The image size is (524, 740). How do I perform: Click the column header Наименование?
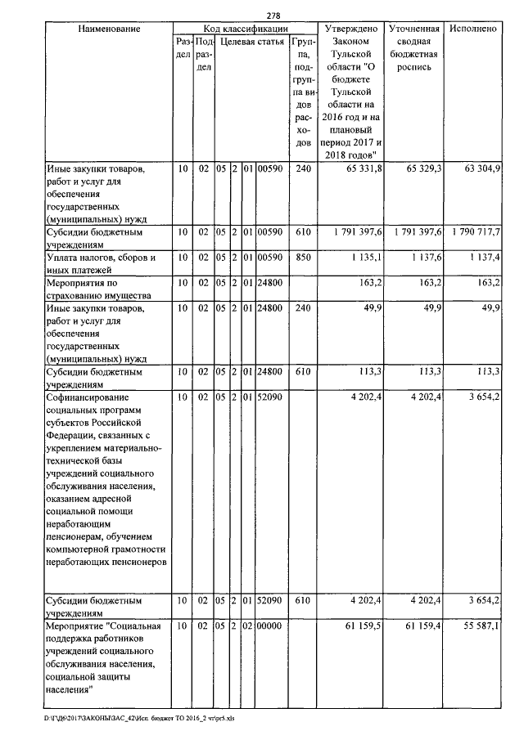pos(109,29)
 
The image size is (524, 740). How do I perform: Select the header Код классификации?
pos(245,29)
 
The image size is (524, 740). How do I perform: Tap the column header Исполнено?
pos(473,29)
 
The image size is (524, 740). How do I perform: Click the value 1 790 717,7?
pos(474,232)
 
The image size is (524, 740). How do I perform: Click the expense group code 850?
pos(303,258)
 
